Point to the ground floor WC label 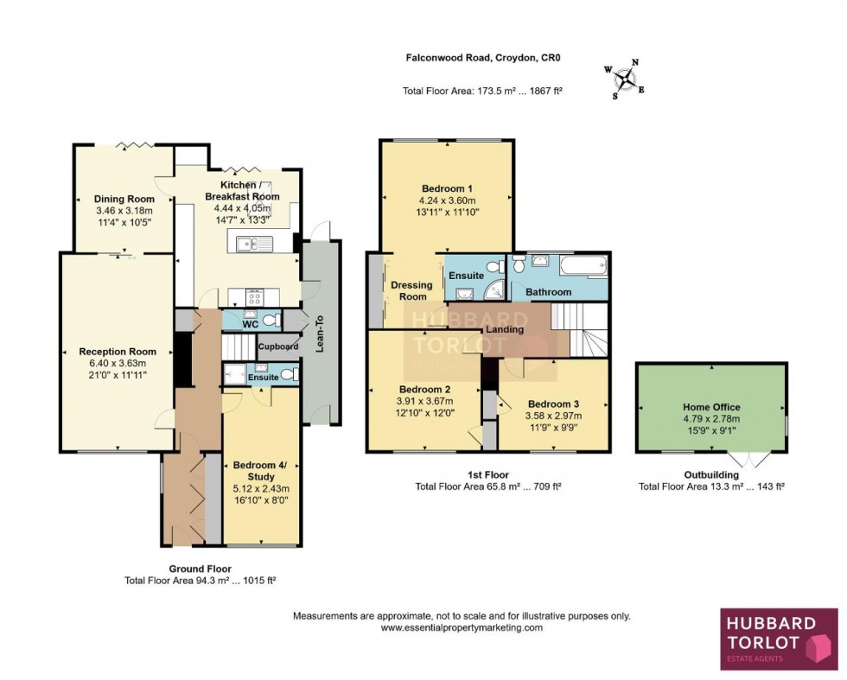click(251, 324)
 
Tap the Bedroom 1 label click(447, 188)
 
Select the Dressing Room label click(411, 290)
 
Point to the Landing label click(504, 329)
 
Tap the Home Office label click(711, 407)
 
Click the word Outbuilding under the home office click(711, 474)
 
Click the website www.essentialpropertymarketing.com click(462, 628)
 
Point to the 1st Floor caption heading click(487, 474)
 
